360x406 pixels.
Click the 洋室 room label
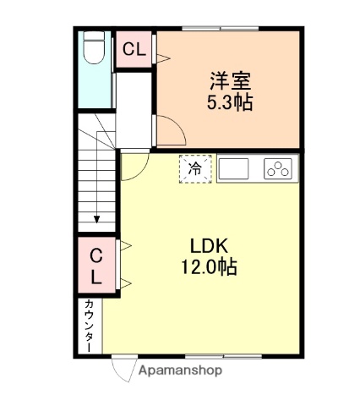coord(231,83)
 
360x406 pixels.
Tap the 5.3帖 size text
coord(231,104)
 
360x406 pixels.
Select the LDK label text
coord(210,246)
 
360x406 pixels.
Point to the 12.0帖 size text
coord(208,267)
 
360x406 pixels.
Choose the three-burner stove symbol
coord(277,169)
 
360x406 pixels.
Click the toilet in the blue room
coord(95,54)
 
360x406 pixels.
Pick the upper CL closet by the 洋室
coord(134,49)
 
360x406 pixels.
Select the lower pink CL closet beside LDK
coord(97,265)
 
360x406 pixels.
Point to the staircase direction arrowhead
coord(97,219)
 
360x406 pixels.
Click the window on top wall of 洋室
coord(229,29)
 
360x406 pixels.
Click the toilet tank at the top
coord(95,37)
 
